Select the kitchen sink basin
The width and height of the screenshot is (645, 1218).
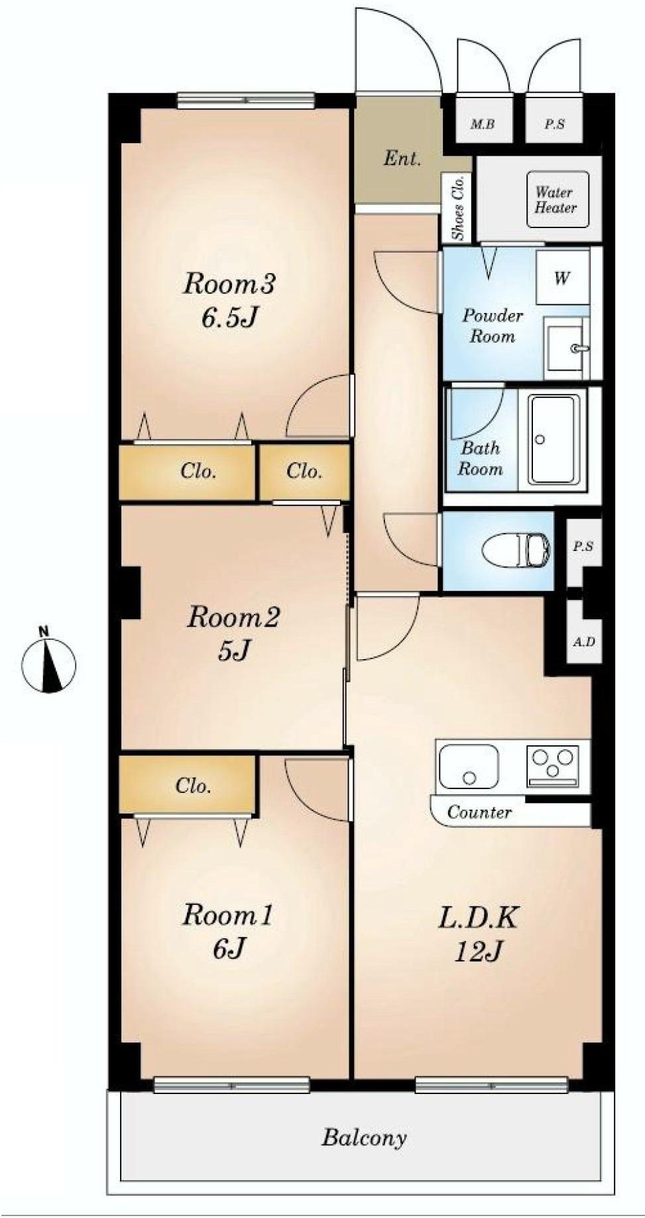click(x=468, y=768)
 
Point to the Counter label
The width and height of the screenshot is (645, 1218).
click(x=479, y=812)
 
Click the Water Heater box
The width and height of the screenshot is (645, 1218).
click(x=557, y=200)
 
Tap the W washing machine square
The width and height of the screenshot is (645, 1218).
click(x=561, y=277)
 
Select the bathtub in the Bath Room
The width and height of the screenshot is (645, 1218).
click(x=557, y=440)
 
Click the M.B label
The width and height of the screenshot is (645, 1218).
click(x=483, y=124)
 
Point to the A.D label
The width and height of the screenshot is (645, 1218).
click(x=583, y=642)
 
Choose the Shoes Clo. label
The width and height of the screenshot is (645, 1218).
click(x=457, y=208)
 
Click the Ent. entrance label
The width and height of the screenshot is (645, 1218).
click(x=402, y=159)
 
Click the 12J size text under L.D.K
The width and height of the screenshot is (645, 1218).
click(x=477, y=951)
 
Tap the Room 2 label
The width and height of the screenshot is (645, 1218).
click(x=233, y=618)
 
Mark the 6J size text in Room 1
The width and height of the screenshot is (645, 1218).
click(x=229, y=949)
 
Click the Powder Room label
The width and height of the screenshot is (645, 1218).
click(x=492, y=326)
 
